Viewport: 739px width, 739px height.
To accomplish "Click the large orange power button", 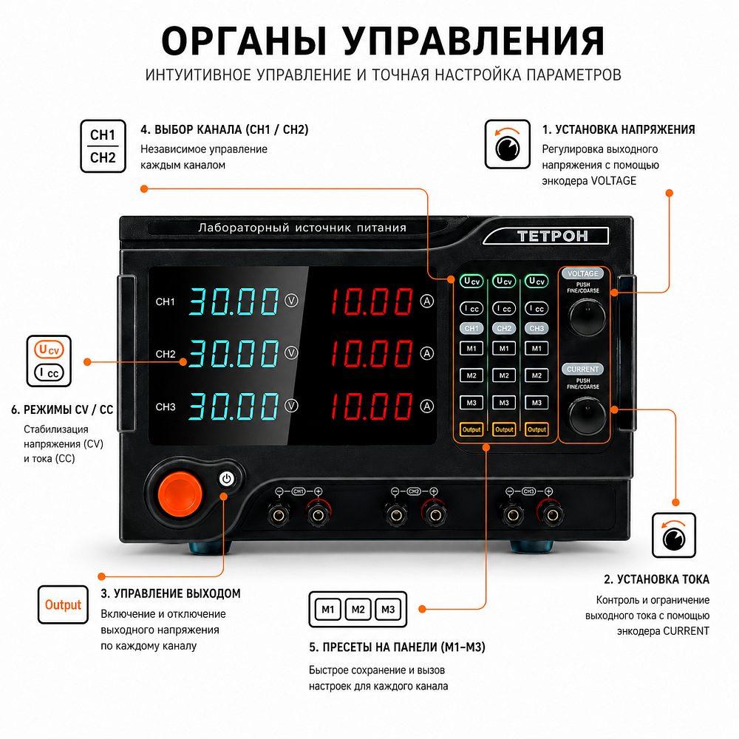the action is click(180, 494).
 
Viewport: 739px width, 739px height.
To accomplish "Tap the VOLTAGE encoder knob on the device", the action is click(587, 317).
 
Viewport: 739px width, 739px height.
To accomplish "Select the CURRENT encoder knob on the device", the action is click(587, 415).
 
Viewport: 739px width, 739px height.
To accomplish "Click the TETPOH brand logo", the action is click(552, 236).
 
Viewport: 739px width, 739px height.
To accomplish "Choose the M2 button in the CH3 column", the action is click(537, 375).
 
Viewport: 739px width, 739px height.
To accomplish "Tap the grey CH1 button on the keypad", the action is click(471, 329).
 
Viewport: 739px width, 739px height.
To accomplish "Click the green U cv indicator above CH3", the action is click(537, 282).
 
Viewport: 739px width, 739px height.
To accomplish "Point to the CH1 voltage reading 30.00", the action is click(234, 302).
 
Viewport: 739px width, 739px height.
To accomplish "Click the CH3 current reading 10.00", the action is click(372, 406).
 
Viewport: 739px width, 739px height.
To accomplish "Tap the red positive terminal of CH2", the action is click(435, 514).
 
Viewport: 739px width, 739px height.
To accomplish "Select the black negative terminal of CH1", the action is click(279, 514).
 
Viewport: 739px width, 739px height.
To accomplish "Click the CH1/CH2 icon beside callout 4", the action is click(103, 146).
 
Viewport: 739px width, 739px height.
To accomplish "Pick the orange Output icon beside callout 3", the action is click(63, 605).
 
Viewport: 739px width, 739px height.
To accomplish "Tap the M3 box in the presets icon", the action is click(388, 610).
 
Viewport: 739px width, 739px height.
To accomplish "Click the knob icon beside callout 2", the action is click(673, 535).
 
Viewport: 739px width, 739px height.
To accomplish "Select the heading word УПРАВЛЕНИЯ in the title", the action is click(473, 41).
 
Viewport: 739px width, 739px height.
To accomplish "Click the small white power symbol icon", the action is click(227, 479).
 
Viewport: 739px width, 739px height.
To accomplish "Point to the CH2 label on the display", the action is click(166, 354).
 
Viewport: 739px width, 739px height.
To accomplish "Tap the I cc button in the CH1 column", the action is click(471, 308).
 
